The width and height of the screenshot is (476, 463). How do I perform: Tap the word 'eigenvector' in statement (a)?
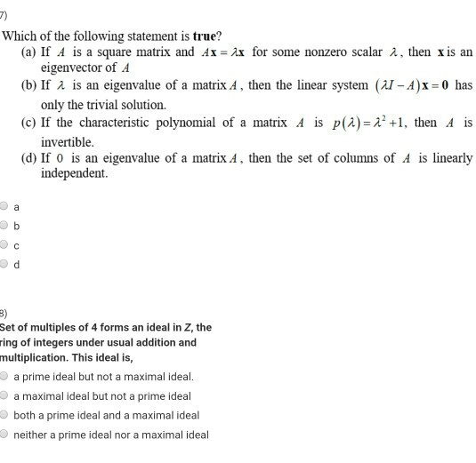click(x=74, y=67)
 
